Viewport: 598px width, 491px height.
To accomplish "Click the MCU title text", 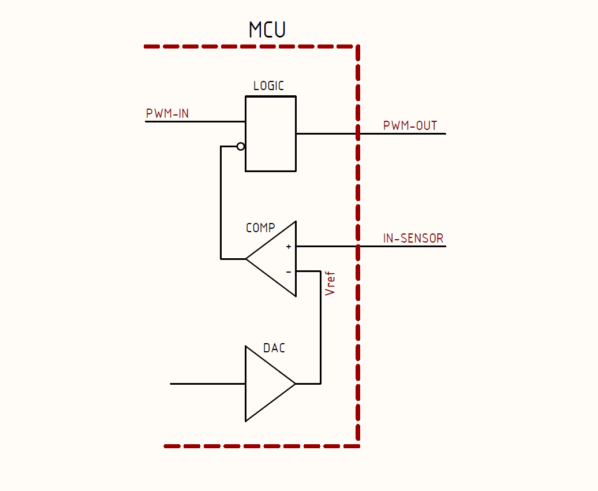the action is coord(267,29).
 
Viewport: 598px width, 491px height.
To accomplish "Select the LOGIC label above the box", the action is coord(268,85).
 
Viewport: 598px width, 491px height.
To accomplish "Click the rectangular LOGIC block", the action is coord(271,133).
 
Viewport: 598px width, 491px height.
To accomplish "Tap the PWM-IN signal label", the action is coord(167,113).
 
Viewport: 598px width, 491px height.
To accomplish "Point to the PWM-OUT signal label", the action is coord(410,125).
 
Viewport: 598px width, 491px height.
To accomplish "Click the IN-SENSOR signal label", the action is coord(413,238).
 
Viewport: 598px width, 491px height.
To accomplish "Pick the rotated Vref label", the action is coord(330,284).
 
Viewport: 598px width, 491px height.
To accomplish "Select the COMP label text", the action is coord(260,228).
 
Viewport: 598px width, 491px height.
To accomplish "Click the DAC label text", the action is coord(274,348).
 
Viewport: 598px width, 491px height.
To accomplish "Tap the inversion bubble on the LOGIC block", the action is coord(241,146).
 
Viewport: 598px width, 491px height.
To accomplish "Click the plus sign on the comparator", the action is coord(289,247).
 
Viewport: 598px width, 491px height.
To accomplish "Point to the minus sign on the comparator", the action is coord(289,272).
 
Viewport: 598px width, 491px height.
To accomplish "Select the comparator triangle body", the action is coord(271,259).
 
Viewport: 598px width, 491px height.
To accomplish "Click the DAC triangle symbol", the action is coord(270,384).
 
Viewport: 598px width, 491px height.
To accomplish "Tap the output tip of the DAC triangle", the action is coord(296,384).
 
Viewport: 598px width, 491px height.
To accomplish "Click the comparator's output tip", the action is coord(246,259).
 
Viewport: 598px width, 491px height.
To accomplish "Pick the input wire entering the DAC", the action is coord(207,384).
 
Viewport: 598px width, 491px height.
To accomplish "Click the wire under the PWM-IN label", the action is coord(195,121).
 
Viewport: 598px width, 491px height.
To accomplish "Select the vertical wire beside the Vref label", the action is coord(321,327).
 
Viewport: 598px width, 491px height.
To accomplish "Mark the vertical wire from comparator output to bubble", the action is coord(221,202).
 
